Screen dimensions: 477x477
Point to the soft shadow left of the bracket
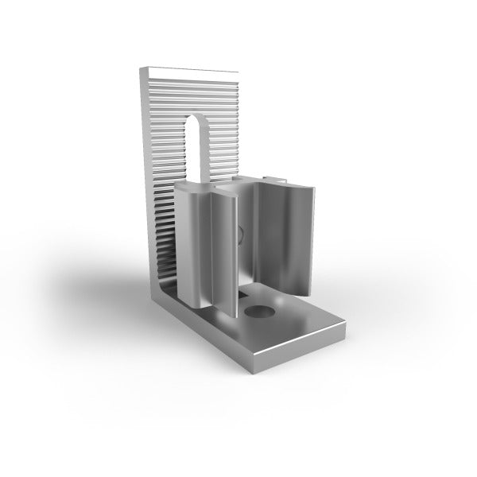103,286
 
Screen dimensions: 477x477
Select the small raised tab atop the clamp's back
273,176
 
